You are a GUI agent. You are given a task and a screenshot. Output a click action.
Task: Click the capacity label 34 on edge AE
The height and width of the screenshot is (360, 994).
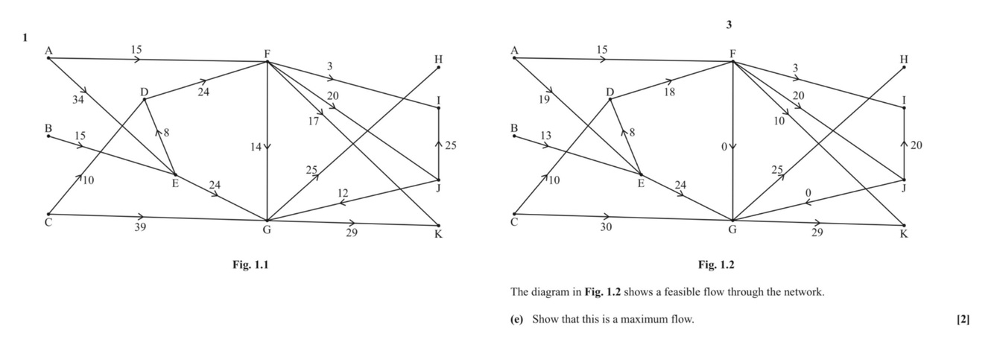click(78, 100)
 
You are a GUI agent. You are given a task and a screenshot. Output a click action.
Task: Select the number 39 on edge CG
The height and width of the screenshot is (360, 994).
click(140, 227)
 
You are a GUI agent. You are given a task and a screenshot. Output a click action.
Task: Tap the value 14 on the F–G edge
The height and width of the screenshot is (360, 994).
click(256, 148)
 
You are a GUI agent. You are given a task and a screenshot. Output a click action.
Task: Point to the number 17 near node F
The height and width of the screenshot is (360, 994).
click(314, 121)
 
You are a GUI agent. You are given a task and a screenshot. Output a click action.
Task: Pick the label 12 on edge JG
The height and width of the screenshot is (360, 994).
click(343, 194)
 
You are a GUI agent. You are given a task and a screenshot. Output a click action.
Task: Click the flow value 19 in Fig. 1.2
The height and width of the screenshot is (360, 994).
click(543, 98)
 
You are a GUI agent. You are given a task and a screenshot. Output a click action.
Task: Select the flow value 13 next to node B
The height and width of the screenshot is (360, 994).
click(546, 135)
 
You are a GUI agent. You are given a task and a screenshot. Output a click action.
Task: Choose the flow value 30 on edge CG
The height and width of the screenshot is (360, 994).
click(606, 227)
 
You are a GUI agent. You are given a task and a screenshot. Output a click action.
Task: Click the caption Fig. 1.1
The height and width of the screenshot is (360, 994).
click(250, 265)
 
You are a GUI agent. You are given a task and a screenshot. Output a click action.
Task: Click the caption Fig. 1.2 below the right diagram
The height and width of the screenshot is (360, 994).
click(716, 265)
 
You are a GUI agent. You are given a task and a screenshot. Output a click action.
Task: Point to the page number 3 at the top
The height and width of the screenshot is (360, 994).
click(729, 25)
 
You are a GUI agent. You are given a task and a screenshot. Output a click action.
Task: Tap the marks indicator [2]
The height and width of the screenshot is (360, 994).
click(963, 320)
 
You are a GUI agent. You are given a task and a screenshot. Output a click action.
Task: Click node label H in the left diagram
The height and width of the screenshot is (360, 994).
click(438, 58)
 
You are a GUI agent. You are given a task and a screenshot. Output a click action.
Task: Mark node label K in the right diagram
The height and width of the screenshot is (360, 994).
click(904, 235)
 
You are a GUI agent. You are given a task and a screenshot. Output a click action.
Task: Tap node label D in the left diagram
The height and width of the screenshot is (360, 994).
click(144, 92)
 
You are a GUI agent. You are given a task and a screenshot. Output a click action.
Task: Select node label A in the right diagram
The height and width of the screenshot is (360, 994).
click(513, 50)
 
